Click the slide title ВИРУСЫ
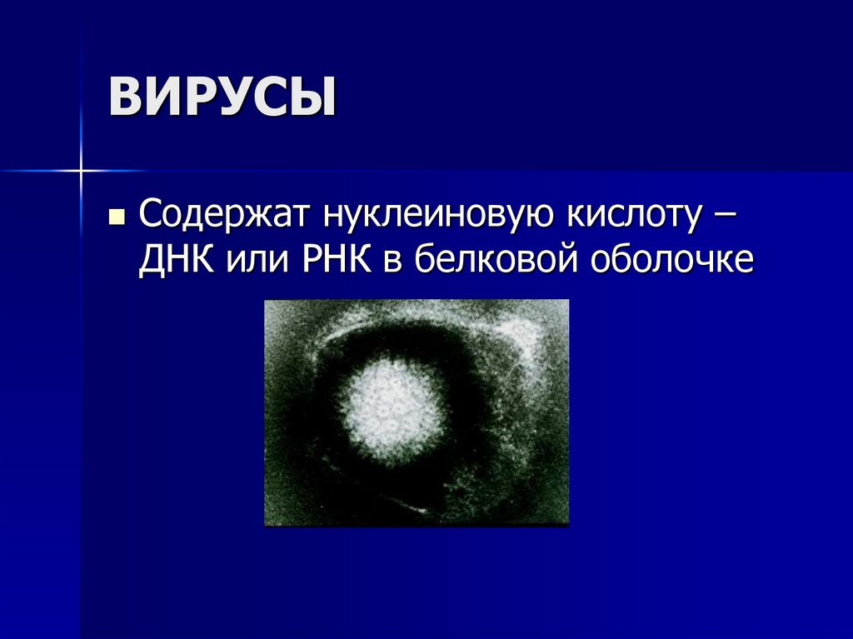pos(222,96)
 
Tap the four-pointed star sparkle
pos(82,171)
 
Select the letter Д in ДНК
pos(152,261)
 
